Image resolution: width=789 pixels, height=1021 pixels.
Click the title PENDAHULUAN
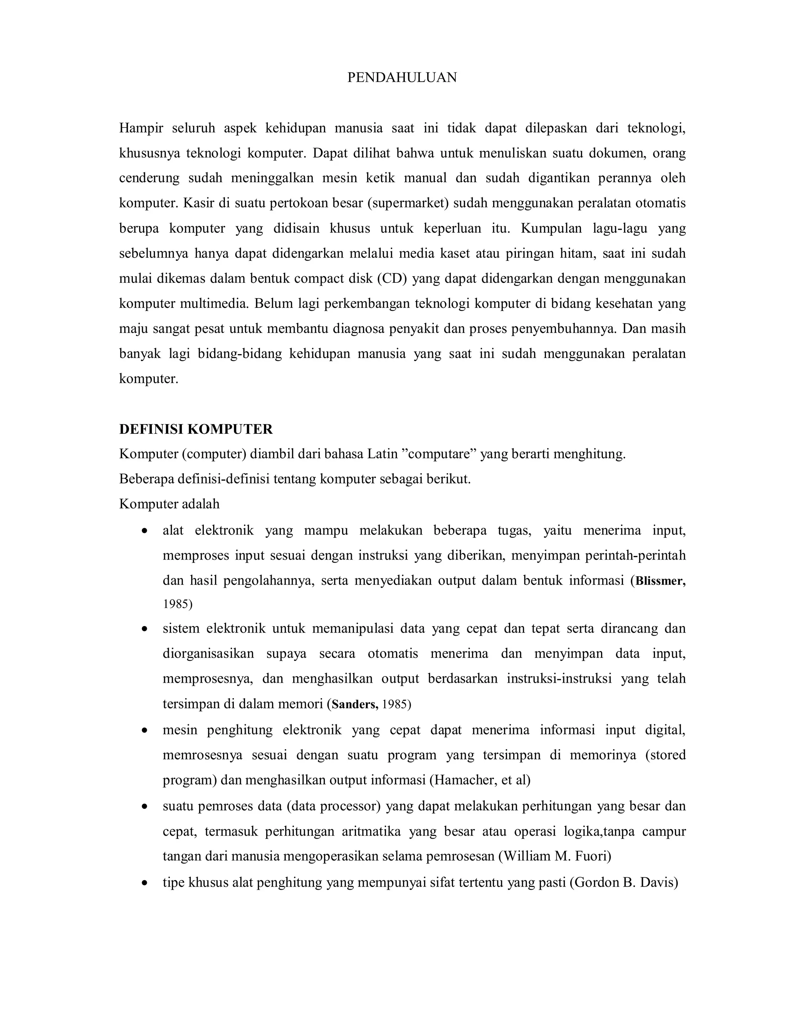[x=401, y=77]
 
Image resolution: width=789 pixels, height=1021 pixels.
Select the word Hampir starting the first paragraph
[x=141, y=128]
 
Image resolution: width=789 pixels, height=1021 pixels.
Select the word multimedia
[x=214, y=304]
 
